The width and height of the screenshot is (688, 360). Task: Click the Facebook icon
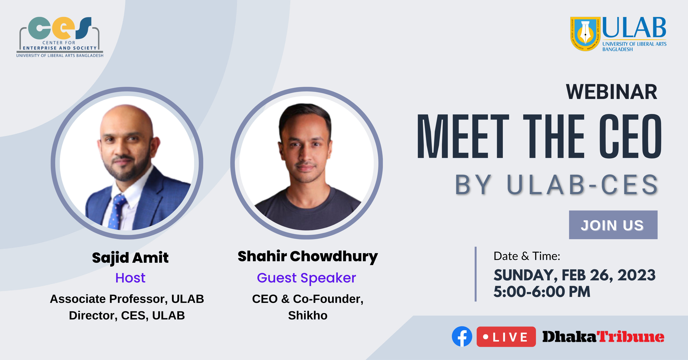[462, 336]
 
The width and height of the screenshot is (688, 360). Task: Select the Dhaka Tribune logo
[603, 336]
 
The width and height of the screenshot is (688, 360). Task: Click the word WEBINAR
[611, 92]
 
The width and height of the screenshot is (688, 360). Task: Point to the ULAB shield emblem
[585, 34]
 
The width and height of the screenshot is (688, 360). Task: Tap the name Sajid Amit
[130, 258]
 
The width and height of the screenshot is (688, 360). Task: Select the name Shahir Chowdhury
[308, 256]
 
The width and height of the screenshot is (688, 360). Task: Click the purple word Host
[130, 278]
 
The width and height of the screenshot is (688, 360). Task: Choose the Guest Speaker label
[306, 278]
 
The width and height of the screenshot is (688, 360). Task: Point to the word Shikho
[308, 315]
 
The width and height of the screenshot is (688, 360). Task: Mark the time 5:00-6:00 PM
[542, 291]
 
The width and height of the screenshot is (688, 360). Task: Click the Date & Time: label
[527, 256]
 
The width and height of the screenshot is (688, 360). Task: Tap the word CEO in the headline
[630, 136]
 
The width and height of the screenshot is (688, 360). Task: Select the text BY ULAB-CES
[556, 185]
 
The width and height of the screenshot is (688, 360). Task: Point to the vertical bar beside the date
[476, 274]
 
